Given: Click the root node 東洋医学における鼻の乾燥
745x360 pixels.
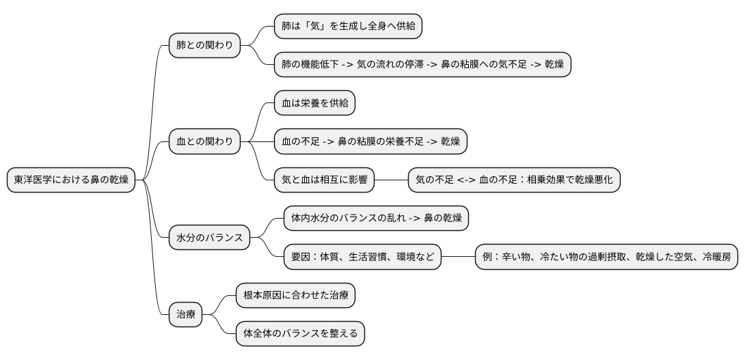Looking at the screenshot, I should [x=71, y=180].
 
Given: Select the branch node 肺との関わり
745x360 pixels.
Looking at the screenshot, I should [x=204, y=46].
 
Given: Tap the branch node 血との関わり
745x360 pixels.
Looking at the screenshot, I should [x=204, y=141].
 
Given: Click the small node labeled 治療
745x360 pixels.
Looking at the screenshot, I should [x=186, y=315].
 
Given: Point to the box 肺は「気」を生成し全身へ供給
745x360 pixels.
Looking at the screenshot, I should [x=347, y=27].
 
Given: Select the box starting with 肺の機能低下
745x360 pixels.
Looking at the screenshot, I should [x=422, y=65].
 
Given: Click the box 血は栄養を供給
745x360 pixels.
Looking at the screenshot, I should [x=314, y=103].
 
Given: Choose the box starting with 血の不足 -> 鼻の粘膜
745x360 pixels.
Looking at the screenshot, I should [x=370, y=141].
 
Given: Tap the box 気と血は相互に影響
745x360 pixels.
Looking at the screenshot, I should [x=324, y=180].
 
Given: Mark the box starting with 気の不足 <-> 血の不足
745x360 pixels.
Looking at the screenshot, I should [x=514, y=180].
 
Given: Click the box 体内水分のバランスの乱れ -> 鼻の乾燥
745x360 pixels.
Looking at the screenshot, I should [x=376, y=219].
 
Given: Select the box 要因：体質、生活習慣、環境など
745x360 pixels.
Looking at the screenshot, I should [x=362, y=257].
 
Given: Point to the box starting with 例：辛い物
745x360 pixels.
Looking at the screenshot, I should [x=607, y=257].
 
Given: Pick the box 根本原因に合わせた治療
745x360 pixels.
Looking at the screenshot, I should [x=295, y=296].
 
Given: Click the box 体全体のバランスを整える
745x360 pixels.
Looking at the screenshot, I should [x=300, y=334].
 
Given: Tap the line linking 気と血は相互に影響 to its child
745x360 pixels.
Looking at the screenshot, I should [x=391, y=180].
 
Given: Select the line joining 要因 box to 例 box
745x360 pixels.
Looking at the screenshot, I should [x=458, y=257].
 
